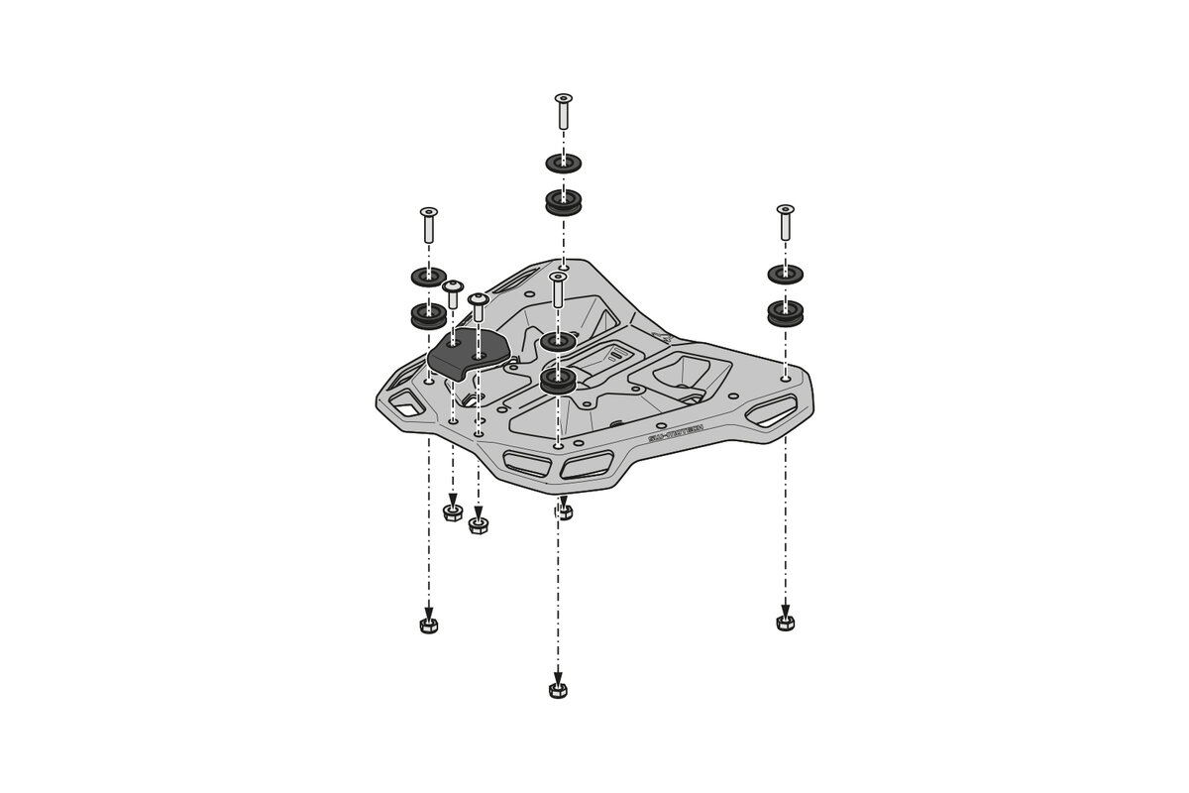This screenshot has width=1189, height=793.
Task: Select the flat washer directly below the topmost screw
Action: [563, 162]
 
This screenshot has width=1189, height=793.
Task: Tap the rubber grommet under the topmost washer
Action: [563, 203]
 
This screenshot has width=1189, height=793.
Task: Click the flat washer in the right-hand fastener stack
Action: [785, 274]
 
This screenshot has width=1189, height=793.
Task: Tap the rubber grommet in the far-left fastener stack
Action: [428, 316]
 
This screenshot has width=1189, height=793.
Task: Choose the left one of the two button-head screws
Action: [452, 294]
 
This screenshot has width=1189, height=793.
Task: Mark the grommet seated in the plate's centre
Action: [559, 383]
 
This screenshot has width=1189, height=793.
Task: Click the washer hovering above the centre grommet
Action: [559, 342]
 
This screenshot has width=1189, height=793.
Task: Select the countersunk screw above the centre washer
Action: [557, 290]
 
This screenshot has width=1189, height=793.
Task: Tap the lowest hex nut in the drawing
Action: [558, 689]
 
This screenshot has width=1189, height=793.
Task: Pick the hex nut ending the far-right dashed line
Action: [785, 622]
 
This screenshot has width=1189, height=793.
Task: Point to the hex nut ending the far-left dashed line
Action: [428, 624]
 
